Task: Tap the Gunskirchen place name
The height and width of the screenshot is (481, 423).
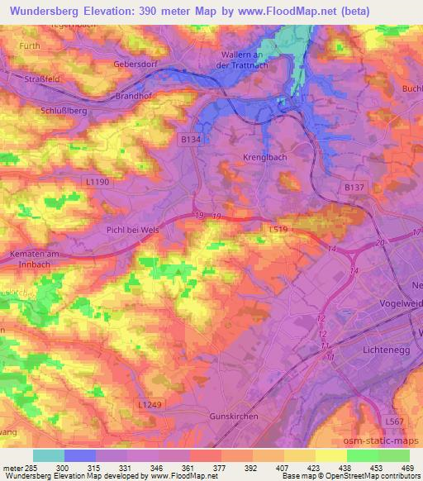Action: [x=233, y=417]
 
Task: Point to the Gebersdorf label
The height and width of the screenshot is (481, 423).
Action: [x=136, y=63]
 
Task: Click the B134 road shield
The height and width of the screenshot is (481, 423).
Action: [x=190, y=141]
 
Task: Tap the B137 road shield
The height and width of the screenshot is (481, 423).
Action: [x=354, y=188]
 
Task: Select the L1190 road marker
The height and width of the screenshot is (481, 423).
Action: [x=97, y=181]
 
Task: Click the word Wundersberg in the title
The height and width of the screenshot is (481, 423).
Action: [x=39, y=11]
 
